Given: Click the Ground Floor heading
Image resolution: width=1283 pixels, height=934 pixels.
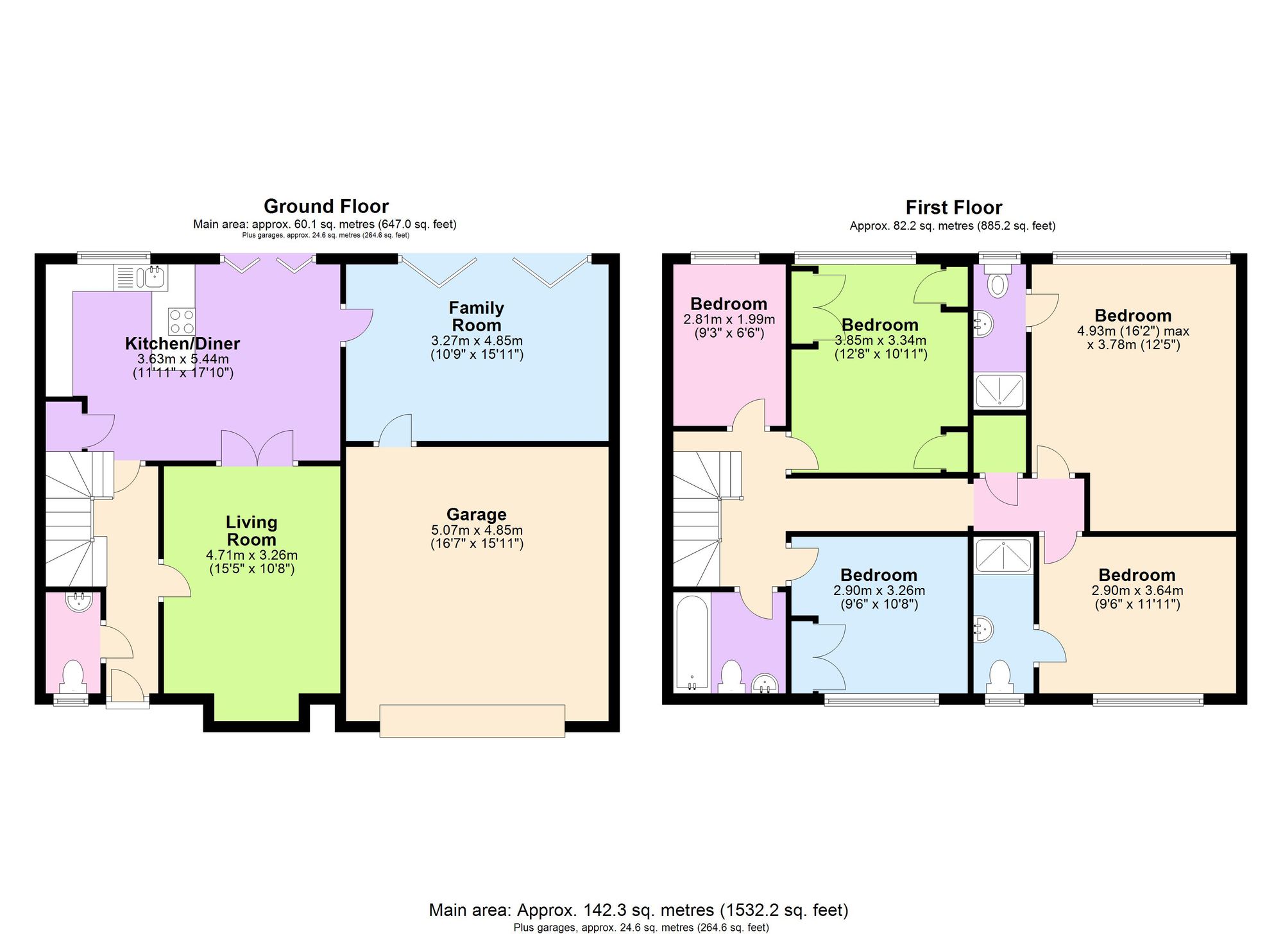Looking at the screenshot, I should (x=326, y=206).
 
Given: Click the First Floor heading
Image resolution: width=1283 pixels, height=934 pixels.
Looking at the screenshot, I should (x=953, y=207).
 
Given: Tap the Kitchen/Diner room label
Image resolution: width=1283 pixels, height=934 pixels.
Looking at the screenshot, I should (x=182, y=343).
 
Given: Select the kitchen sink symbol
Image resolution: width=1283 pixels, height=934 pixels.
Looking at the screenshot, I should (x=155, y=277).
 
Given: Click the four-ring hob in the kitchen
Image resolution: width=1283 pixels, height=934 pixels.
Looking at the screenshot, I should (x=182, y=321).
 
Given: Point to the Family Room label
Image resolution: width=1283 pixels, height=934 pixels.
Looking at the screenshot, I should (x=476, y=316).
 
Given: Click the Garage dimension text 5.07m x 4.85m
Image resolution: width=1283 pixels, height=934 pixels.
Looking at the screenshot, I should (x=477, y=530).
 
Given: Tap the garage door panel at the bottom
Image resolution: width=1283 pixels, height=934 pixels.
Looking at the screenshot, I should (x=472, y=720).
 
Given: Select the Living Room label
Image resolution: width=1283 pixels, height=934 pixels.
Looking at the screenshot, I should (x=251, y=531).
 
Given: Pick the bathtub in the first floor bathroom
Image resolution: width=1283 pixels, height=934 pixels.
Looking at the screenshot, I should (x=693, y=642).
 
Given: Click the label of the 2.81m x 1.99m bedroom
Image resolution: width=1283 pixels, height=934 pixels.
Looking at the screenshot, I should (x=729, y=304).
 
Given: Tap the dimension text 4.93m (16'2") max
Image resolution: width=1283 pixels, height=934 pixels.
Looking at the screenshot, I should (x=1133, y=331).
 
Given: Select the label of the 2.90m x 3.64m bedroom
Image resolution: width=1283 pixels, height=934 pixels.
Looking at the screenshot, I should (x=1137, y=575).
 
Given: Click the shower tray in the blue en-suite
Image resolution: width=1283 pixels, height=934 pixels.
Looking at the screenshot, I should (x=1003, y=555).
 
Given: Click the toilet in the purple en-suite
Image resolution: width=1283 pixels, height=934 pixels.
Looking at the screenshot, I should (x=998, y=283).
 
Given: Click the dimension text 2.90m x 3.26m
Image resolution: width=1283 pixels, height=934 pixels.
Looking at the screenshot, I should (x=879, y=591).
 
